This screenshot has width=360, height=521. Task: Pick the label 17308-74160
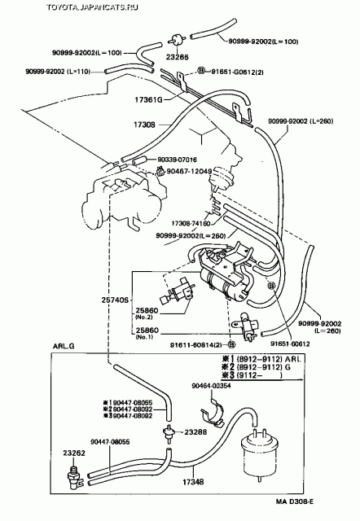pos(191,221)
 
